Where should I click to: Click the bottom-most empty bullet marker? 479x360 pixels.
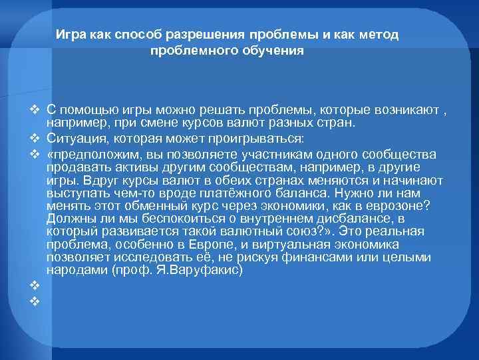tap(35, 299)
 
